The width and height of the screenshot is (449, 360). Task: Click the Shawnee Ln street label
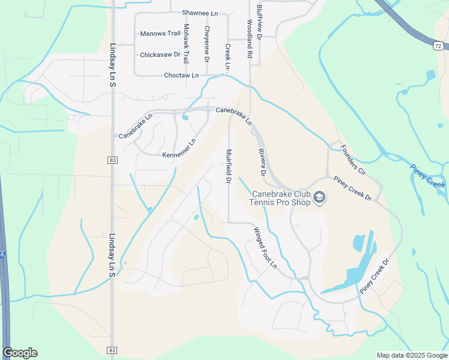coord(200,13)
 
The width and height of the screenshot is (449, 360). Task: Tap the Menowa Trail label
coord(160,34)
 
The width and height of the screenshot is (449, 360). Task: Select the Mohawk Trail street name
coord(186,44)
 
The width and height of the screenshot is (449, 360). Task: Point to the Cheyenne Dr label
coord(206,44)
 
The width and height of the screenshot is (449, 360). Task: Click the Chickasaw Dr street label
coord(160,55)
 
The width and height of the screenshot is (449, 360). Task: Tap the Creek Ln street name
coord(228,56)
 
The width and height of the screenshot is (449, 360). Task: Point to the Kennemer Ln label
coord(179,149)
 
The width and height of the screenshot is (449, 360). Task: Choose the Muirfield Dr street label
coord(229,166)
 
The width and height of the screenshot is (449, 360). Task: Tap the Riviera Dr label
coord(262,162)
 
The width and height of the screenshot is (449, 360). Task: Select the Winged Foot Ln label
coord(265,247)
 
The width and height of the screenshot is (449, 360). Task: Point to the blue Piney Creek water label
coord(428,176)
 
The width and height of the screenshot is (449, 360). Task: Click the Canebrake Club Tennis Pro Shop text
coord(281,198)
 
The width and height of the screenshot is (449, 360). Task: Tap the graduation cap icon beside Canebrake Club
coord(320,197)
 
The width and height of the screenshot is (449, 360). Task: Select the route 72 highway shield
coord(439,46)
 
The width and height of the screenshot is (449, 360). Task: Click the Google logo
coord(20,353)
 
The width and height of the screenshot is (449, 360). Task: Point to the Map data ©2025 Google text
coord(412,355)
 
